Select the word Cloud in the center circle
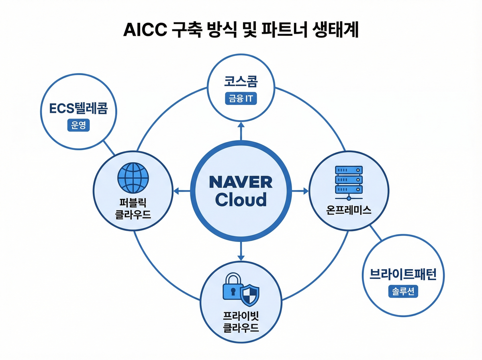coord(241,200)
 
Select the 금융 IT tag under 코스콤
coord(240,99)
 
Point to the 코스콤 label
coord(241,83)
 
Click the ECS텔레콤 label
coord(79,109)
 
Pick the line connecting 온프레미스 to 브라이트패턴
coord(375,232)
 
